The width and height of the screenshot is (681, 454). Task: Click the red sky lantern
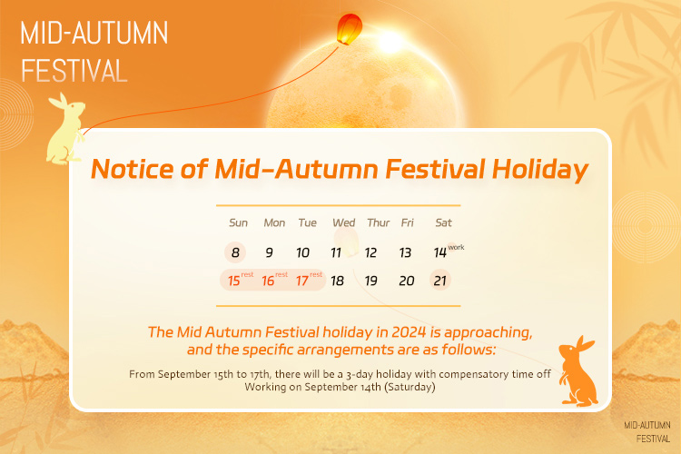[x=350, y=29]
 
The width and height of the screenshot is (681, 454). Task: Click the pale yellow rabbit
[x=66, y=130]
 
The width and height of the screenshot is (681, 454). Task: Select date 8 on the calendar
[x=235, y=252]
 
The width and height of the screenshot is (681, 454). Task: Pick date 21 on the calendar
[x=440, y=281]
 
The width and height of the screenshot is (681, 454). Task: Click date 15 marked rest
[x=234, y=281]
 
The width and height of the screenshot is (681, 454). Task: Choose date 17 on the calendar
[x=302, y=281]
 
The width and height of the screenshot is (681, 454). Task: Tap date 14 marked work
[x=440, y=252]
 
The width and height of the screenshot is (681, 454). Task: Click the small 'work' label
[x=456, y=247]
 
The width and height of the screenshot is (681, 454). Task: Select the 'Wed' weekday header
[x=343, y=222]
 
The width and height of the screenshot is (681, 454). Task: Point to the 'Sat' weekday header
[x=443, y=222]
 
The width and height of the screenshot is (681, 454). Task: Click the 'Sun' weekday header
[x=239, y=222]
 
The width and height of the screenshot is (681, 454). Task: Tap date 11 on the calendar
[x=336, y=252]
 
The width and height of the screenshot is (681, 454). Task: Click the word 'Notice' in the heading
[x=133, y=169]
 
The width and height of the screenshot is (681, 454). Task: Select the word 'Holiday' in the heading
[x=540, y=170]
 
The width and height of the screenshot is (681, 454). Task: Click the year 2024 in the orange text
[x=409, y=332]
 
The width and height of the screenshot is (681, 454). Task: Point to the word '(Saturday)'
[x=410, y=387]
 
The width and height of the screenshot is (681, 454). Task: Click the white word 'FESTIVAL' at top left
[x=74, y=71]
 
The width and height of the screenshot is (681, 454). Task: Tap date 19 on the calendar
[x=370, y=281]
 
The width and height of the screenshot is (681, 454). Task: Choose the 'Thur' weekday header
[x=379, y=222]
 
